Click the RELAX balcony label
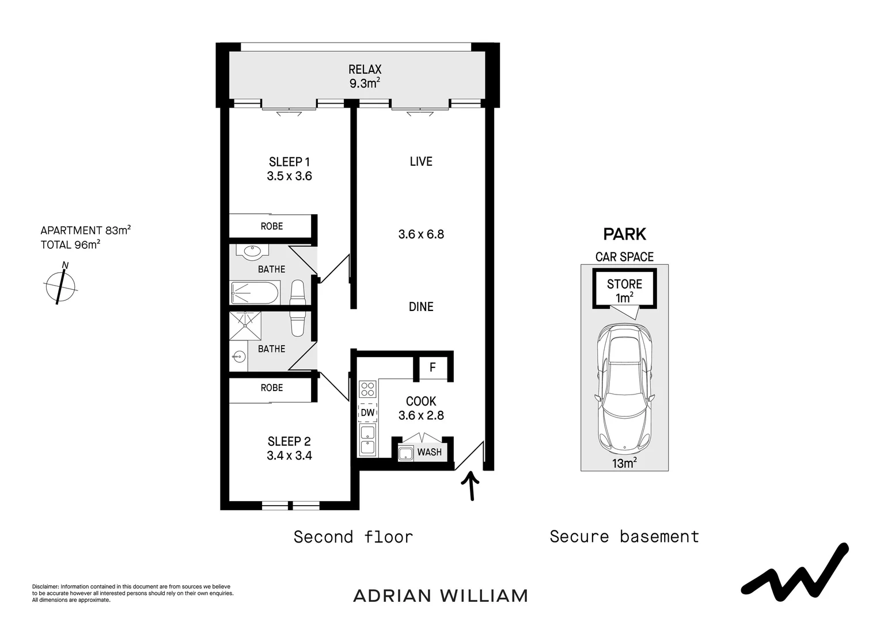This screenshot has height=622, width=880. (x=365, y=70)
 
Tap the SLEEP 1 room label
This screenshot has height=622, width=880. (x=289, y=162)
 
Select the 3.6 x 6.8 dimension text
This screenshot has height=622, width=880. (x=421, y=234)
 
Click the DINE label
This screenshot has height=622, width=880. (x=421, y=307)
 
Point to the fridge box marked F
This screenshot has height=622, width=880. (x=433, y=367)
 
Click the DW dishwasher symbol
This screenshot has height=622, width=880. (x=367, y=412)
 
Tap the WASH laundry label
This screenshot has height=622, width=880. (x=429, y=452)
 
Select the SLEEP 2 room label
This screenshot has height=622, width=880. (x=289, y=442)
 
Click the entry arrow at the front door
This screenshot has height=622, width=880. (x=472, y=486)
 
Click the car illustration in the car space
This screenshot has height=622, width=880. (x=624, y=388)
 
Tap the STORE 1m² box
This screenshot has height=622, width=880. (x=624, y=290)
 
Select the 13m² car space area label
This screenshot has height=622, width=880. (x=624, y=463)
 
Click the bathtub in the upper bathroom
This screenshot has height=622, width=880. (x=255, y=293)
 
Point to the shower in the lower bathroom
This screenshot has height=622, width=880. (x=245, y=327)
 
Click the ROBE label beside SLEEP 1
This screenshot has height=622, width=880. (x=272, y=226)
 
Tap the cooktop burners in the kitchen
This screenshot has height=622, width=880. (x=367, y=389)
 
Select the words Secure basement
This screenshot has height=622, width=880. (x=624, y=537)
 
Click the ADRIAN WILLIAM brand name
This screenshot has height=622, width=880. (x=440, y=596)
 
